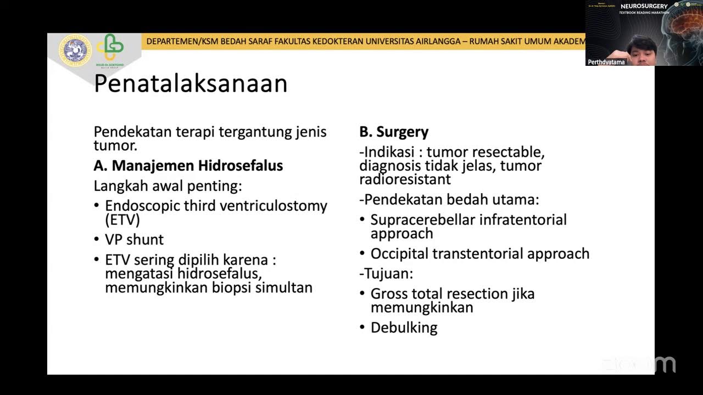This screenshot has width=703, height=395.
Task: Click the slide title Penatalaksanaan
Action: (x=191, y=84)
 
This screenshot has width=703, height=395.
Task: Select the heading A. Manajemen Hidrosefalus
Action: (x=188, y=166)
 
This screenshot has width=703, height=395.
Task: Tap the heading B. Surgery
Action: (x=394, y=132)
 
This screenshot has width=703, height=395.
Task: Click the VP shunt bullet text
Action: (x=134, y=240)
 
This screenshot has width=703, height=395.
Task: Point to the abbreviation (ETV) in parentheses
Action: (x=122, y=220)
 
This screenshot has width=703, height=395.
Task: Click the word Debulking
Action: (x=404, y=328)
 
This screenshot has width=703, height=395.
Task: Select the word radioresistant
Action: (x=405, y=179)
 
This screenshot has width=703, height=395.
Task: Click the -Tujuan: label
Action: (x=386, y=273)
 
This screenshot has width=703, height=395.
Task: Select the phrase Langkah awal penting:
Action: (x=168, y=186)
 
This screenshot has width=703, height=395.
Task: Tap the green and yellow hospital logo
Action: (x=110, y=48)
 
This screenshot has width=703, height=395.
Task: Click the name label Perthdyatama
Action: (x=606, y=62)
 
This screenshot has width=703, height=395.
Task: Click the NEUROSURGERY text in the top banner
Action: (x=644, y=6)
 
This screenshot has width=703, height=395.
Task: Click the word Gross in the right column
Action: (x=389, y=294)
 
